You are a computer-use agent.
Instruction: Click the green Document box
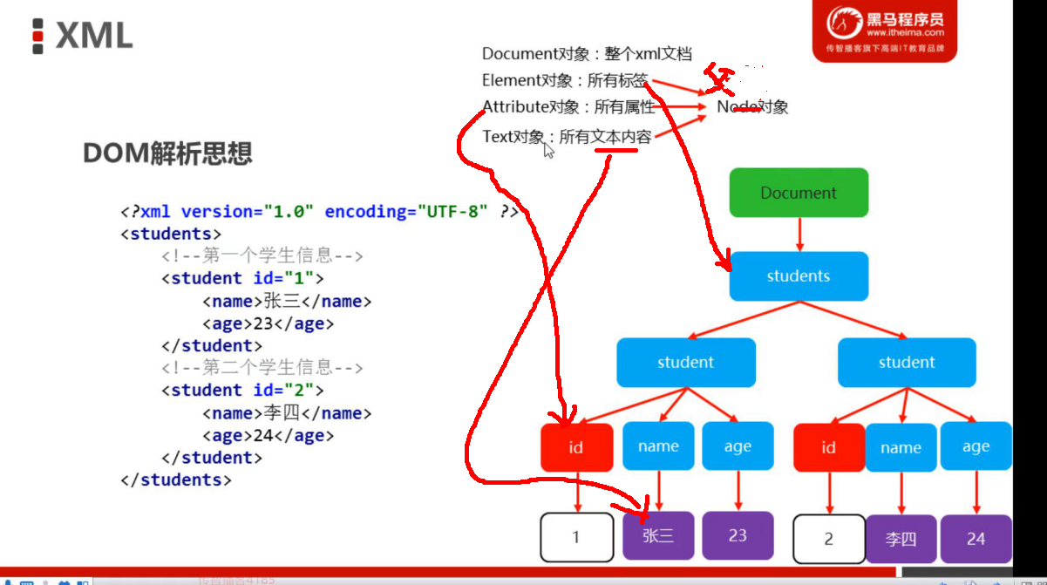[x=799, y=193]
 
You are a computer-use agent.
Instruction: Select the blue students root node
[x=799, y=276]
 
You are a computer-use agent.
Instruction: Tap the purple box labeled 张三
[x=659, y=535]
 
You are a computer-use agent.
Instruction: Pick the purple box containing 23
[x=738, y=535]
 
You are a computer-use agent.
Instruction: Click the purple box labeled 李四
[x=901, y=539]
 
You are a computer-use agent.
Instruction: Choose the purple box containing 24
[x=976, y=539]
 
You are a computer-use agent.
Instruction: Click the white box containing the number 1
[x=575, y=537]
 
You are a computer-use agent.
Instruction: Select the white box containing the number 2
[x=828, y=539]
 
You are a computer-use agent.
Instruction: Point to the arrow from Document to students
[x=799, y=234]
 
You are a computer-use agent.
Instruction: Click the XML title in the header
[x=93, y=36]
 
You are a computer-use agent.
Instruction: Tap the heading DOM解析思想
[x=167, y=154]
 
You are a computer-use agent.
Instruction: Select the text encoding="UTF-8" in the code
[x=406, y=212]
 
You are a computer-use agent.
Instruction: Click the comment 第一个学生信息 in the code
[x=262, y=256]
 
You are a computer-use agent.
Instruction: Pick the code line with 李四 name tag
[x=287, y=413]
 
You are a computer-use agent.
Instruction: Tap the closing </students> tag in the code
[x=176, y=480]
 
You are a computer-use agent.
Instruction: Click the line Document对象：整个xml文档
[x=587, y=54]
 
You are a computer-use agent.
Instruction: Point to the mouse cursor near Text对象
[x=548, y=150]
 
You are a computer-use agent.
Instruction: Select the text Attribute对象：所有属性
[x=568, y=107]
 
